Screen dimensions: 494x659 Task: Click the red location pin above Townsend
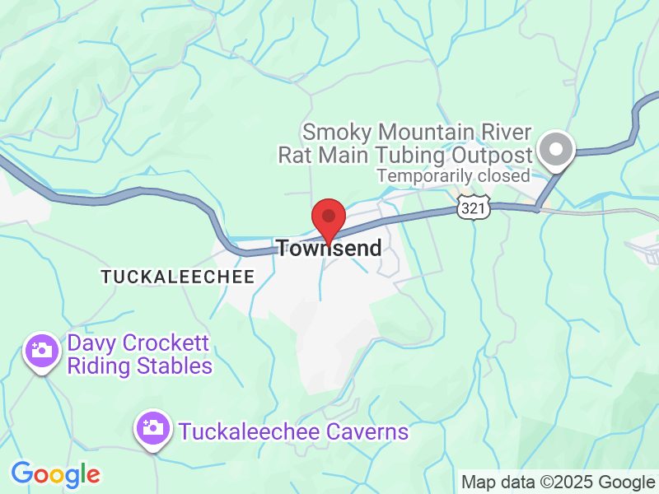[329, 218]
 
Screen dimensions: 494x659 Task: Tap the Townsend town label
[329, 248]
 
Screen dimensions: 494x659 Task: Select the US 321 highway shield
[474, 208]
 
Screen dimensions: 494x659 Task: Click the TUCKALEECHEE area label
[178, 277]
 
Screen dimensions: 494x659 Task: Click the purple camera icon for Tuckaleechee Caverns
[152, 428]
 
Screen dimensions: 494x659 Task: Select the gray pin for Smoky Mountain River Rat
[556, 151]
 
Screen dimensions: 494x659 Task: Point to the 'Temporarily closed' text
[454, 175]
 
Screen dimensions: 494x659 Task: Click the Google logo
[55, 474]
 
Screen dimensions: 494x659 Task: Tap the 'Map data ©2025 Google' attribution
[558, 482]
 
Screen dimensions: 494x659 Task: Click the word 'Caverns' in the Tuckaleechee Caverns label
[366, 431]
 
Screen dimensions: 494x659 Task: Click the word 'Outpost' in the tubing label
[491, 155]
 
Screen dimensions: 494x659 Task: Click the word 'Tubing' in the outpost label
[414, 155]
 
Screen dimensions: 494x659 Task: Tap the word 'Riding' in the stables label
[100, 366]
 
